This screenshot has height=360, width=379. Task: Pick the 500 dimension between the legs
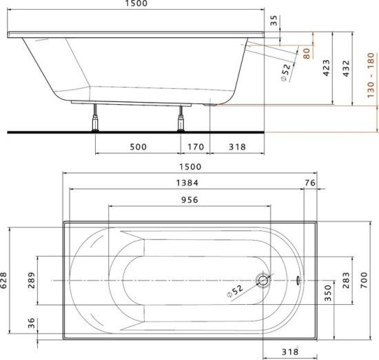(138, 147)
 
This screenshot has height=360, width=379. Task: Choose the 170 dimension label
(195, 147)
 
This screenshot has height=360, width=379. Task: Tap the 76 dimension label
(309, 183)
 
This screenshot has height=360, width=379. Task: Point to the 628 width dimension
(6, 279)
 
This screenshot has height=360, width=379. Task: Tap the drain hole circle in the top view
(263, 280)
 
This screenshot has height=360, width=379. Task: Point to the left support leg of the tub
(94, 121)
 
